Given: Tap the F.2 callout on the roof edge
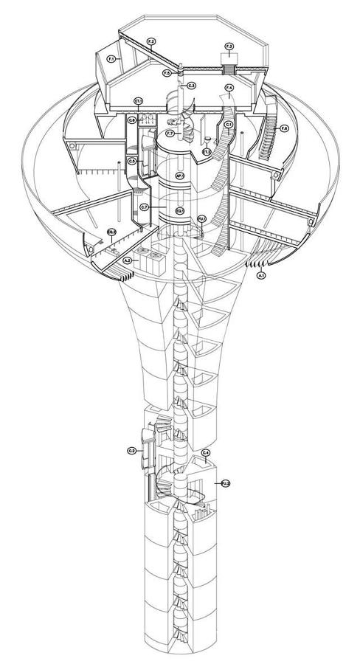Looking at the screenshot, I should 150,41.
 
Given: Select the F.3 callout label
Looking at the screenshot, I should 229,47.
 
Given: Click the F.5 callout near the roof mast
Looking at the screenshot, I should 167,73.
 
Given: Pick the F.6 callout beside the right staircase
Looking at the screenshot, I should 285,129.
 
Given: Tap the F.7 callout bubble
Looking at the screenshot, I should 170,133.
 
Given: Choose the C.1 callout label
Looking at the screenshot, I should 229,125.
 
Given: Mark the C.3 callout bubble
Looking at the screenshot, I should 191,86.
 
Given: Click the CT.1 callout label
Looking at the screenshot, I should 138,100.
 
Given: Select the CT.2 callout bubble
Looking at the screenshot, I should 207,151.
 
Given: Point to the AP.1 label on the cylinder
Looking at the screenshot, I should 179,176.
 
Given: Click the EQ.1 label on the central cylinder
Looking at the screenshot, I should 179,211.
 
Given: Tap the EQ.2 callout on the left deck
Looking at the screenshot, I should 111,233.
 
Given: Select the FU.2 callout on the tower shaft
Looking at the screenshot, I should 226,483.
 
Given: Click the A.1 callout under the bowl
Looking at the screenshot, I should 260,274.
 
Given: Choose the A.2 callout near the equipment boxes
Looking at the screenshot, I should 127,260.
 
